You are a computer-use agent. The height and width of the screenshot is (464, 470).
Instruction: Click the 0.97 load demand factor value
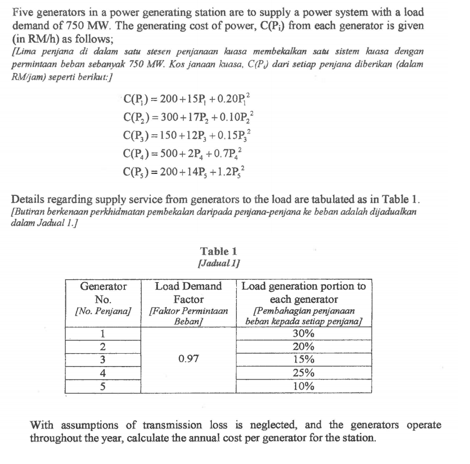[x=188, y=360]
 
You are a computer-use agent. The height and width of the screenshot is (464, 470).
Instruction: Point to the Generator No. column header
[x=103, y=299]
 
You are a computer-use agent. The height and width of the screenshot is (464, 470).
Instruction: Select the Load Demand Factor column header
[x=188, y=299]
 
